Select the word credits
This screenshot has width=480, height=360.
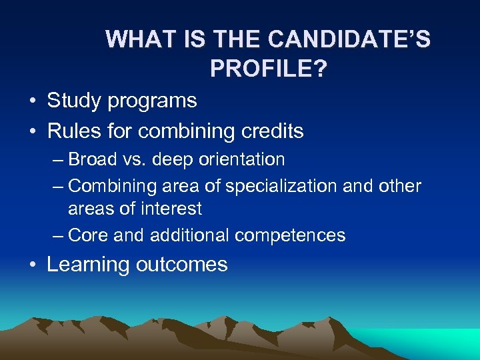point(269,131)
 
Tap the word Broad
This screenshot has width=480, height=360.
point(97,159)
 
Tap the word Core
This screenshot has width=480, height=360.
point(89,235)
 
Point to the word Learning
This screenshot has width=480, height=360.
point(87,265)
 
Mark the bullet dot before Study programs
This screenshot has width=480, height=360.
point(32,102)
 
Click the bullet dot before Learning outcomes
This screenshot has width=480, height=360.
point(32,265)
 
